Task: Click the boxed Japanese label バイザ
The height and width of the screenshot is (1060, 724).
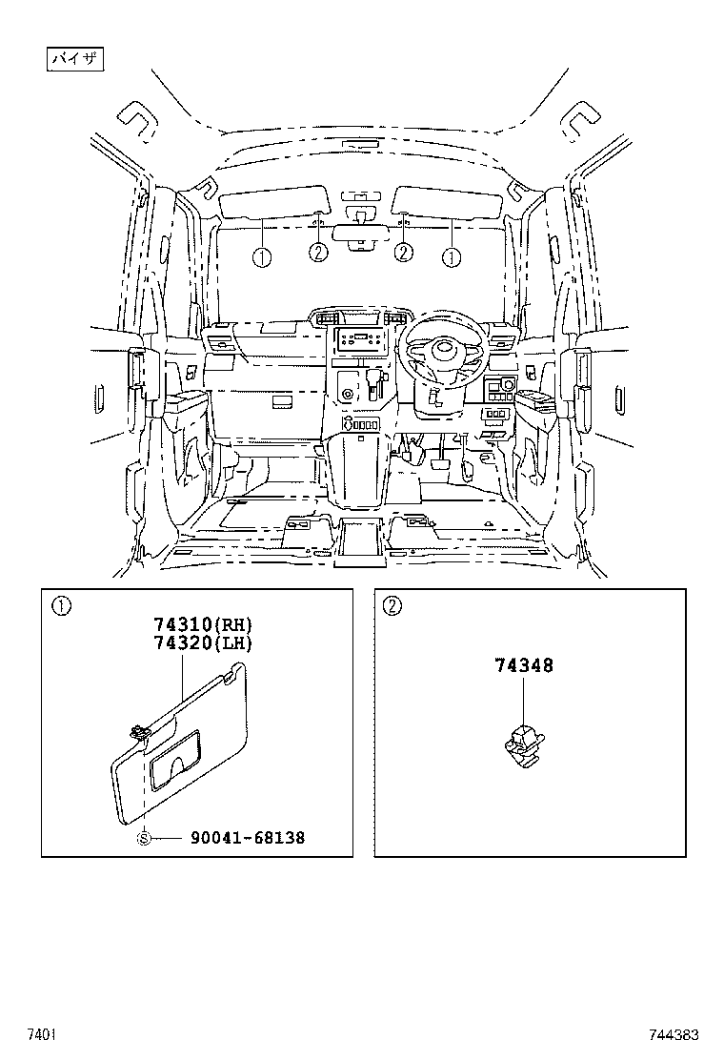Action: coord(75,60)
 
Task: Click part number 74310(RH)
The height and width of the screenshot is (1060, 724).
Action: coord(203,624)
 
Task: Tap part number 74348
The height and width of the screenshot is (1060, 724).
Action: coord(523,665)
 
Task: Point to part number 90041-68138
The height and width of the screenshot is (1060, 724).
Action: coord(248,838)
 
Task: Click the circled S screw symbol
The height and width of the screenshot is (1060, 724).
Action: coord(145,838)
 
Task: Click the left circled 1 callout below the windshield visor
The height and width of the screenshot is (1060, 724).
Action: coord(261,256)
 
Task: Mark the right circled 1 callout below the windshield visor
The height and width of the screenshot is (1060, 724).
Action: coord(451,256)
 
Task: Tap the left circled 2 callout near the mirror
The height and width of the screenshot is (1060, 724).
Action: coord(318,253)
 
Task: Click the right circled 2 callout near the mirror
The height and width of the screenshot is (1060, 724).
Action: coord(404,253)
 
